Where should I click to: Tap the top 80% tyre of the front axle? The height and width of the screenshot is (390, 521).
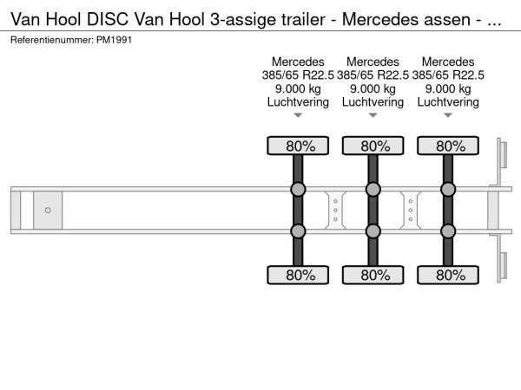298,146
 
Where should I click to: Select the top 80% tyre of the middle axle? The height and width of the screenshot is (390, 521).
373,146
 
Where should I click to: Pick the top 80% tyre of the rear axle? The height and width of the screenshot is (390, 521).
448,146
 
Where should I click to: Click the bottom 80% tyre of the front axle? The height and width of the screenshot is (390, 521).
298,275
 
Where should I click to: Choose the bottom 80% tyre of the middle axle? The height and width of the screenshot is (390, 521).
373,275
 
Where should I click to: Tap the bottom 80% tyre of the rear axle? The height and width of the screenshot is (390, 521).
448,275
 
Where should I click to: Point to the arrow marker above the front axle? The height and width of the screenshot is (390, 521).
298,115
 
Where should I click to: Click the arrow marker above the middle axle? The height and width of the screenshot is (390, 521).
373,115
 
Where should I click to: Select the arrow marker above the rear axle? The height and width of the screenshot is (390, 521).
448,115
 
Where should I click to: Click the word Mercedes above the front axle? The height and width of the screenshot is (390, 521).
298,62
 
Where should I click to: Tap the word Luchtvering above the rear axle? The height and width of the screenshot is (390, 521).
448,101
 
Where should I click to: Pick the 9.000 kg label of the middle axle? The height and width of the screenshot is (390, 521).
373,88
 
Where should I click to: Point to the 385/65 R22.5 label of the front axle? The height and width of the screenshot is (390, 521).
298,75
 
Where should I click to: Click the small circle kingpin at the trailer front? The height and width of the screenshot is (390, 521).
48,210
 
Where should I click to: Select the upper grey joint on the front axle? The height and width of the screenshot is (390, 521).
298,190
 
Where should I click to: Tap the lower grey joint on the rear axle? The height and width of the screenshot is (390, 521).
448,231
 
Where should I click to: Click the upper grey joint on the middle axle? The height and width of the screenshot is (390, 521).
373,190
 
